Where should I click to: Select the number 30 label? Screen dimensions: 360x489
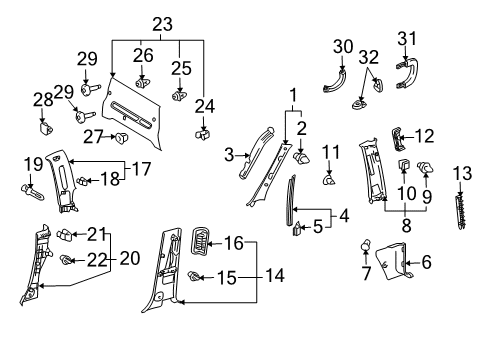point(344,46)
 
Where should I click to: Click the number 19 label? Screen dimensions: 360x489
point(31,163)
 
